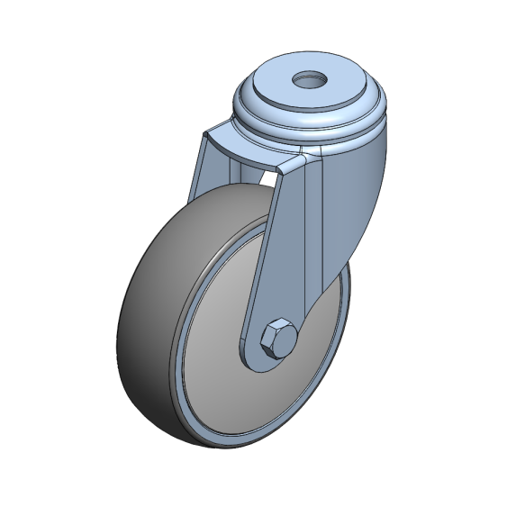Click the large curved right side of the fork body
click(360, 198)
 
